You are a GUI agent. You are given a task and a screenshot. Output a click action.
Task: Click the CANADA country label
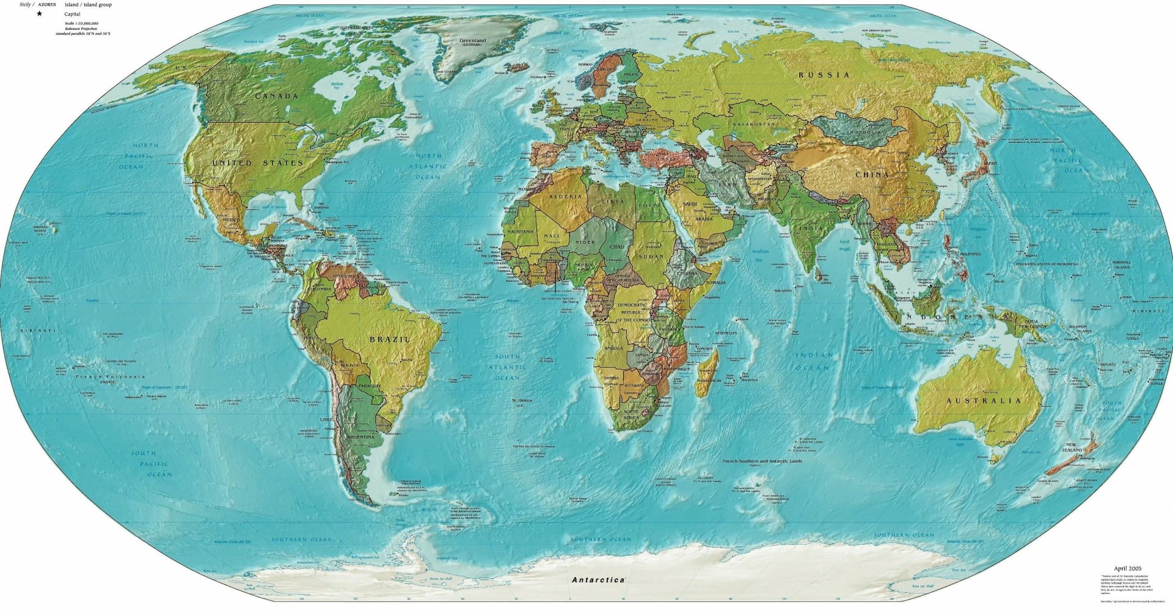276,96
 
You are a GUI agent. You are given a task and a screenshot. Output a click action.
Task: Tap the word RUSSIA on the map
824,75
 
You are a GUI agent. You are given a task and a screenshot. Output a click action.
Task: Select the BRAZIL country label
390,339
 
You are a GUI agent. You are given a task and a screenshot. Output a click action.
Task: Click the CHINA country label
872,175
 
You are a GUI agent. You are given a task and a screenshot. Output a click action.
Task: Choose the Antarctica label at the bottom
598,579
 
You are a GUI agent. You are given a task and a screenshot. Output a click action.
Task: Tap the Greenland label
472,41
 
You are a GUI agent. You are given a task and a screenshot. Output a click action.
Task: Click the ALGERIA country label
566,197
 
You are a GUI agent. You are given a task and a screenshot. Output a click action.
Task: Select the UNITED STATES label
258,163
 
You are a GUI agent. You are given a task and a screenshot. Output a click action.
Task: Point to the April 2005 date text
1127,568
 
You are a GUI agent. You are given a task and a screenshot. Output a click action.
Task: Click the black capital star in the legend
40,13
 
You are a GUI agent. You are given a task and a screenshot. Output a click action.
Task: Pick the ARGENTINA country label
360,438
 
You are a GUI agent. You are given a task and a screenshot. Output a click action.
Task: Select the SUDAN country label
651,257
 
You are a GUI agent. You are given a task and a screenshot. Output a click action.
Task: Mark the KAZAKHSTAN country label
753,124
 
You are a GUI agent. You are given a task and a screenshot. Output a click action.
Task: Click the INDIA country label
811,228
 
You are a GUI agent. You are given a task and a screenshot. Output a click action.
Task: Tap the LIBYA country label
613,202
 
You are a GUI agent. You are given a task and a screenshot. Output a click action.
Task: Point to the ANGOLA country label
613,348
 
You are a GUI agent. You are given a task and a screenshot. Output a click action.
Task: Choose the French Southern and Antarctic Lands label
762,461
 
